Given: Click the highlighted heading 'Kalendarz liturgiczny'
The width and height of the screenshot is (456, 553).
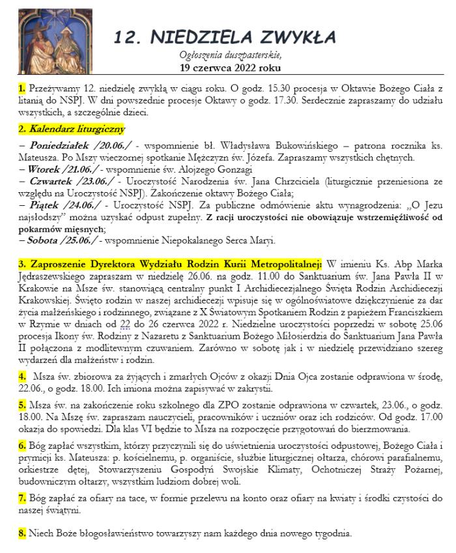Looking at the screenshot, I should point(72,129).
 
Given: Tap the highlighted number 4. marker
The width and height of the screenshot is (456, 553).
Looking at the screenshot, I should point(22,376).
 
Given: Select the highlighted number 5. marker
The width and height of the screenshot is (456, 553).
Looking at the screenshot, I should point(22,405).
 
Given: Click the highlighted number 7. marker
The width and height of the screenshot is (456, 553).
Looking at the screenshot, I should point(22,498).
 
